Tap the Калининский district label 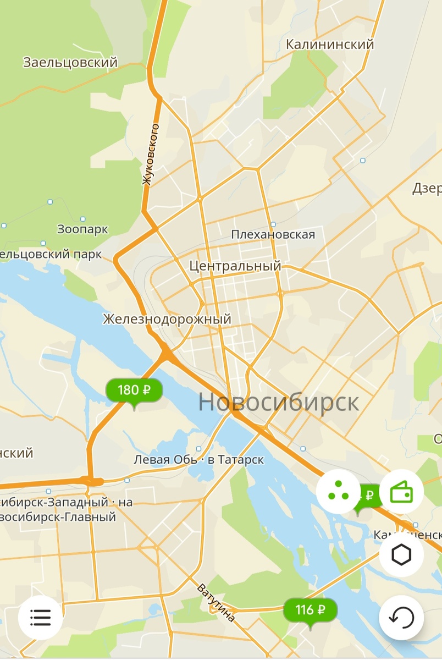(x=330, y=45)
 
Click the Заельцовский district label (x=70, y=63)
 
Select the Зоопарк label (x=83, y=229)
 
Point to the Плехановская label (x=273, y=235)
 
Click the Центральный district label (x=235, y=266)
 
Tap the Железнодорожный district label (x=167, y=319)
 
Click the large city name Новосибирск (x=278, y=402)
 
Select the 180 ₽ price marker (x=134, y=391)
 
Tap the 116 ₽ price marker (x=310, y=610)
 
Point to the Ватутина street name (x=216, y=603)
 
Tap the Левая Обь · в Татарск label (x=199, y=460)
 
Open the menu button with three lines (x=40, y=618)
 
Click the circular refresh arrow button (x=401, y=618)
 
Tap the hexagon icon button (x=401, y=555)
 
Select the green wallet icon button (x=401, y=492)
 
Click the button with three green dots (x=339, y=492)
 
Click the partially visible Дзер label (x=428, y=189)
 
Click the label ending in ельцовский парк (x=51, y=254)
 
